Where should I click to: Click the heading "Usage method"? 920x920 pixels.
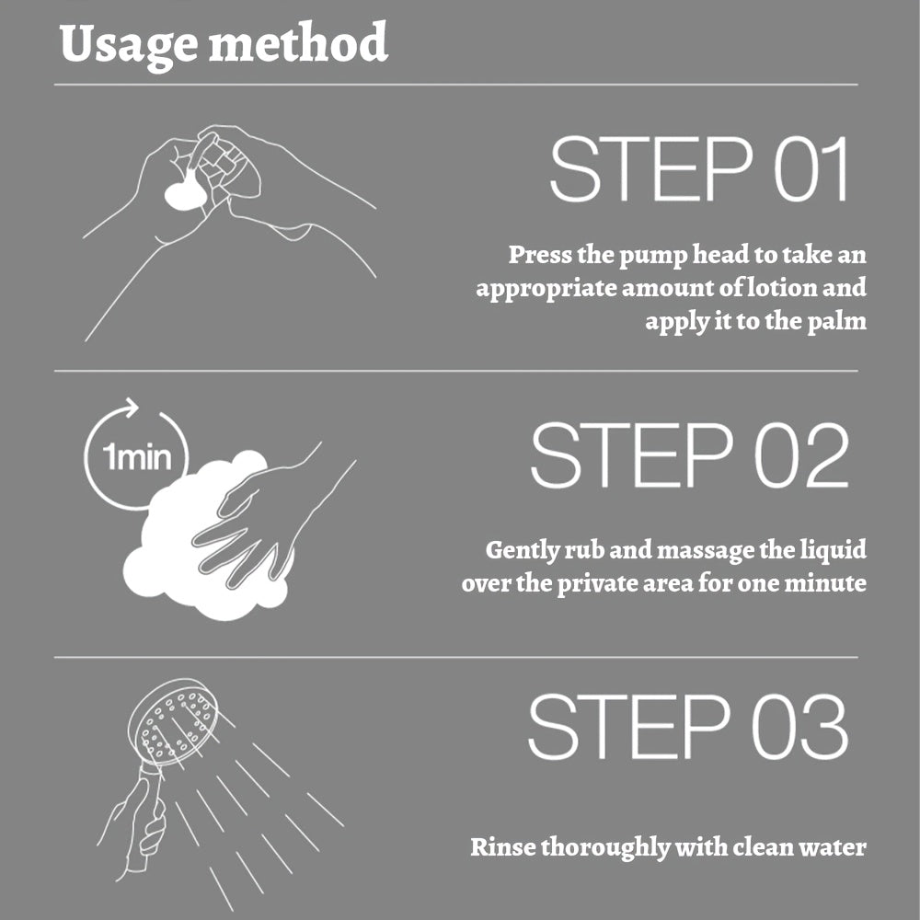224,44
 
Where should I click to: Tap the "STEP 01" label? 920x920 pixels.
700,169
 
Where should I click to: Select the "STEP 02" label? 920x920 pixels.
690,455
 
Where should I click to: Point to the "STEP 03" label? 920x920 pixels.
688,727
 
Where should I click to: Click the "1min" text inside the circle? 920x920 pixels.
137,457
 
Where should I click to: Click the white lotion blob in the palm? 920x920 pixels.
185,195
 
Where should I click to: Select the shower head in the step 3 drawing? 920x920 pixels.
172,722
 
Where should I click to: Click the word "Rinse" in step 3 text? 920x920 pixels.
503,847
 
